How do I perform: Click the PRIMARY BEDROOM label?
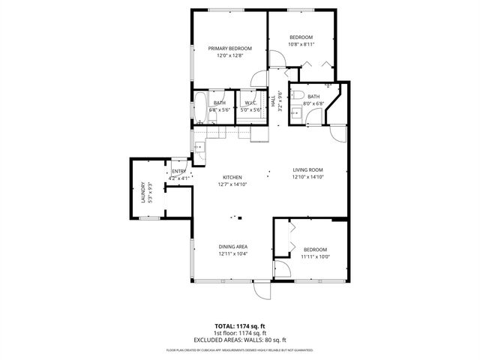(x=229, y=48)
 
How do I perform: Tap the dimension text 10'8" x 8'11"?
(x=301, y=43)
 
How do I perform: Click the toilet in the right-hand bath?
(x=297, y=95)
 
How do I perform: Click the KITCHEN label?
(x=232, y=177)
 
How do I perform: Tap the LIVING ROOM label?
(x=307, y=170)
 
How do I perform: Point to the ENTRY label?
(x=178, y=171)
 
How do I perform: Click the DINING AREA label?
(x=232, y=247)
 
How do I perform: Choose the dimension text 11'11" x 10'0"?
(x=316, y=256)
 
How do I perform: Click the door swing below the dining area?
(x=261, y=291)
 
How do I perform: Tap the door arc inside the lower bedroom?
(x=282, y=271)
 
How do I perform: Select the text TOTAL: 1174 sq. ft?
(x=240, y=325)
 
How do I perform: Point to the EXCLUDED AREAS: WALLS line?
(x=240, y=340)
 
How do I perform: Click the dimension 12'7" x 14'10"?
(x=232, y=184)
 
